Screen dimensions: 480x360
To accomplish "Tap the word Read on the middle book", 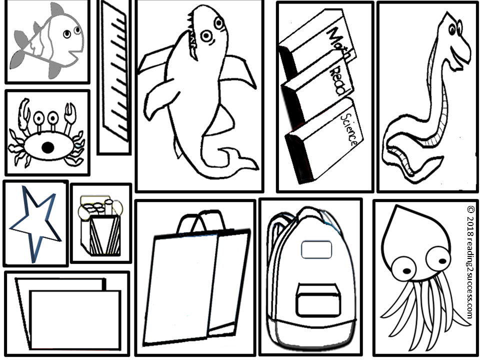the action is [339, 80].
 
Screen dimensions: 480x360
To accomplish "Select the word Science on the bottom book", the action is [349, 129].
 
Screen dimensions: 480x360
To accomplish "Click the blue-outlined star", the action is [35, 224].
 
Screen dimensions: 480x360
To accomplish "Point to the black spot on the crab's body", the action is [48, 147].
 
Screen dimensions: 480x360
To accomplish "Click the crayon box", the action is [100, 227].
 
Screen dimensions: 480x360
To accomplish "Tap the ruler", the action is [115, 71].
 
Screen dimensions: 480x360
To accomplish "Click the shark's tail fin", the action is [240, 158].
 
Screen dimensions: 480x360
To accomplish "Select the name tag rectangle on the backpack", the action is [316, 250].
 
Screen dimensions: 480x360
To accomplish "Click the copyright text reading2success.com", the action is [469, 262].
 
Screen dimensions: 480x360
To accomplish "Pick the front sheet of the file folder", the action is [75, 319].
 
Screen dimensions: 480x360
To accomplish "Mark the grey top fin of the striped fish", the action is [56, 9].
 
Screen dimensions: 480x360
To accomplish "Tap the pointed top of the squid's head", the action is [397, 207].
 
